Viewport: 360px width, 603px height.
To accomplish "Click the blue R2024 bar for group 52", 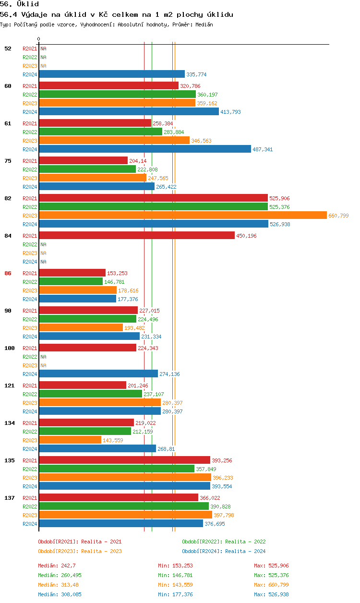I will pos(112,74).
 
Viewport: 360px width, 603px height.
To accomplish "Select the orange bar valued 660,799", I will pos(183,216).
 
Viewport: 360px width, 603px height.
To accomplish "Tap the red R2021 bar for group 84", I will pos(137,236).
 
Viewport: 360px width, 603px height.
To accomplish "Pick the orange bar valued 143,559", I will pos(70,440).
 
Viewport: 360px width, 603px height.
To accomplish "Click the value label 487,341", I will pos(263,149).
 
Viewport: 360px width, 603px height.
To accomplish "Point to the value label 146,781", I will pos(114,282).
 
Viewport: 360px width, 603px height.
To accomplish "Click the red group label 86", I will pos(8,273).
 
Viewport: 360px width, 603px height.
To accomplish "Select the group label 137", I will pos(9,498).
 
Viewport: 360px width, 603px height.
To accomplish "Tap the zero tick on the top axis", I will pos(39,39).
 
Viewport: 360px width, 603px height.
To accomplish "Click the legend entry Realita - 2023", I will pos(80,551).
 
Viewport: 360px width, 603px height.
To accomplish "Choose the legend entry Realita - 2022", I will pos(224,542).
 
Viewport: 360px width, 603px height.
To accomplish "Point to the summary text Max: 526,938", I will pos(271,594).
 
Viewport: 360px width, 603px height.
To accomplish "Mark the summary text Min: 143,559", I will pos(175,585).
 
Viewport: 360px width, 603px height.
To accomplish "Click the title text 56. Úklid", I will pos(20,4).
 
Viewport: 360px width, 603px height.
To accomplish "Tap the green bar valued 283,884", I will pos(101,132).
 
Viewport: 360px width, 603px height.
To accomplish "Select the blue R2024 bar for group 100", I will pos(98,374).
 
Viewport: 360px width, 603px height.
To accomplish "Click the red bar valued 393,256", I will pos(125,460).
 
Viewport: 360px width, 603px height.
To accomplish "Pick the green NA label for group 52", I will pos(43,57).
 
